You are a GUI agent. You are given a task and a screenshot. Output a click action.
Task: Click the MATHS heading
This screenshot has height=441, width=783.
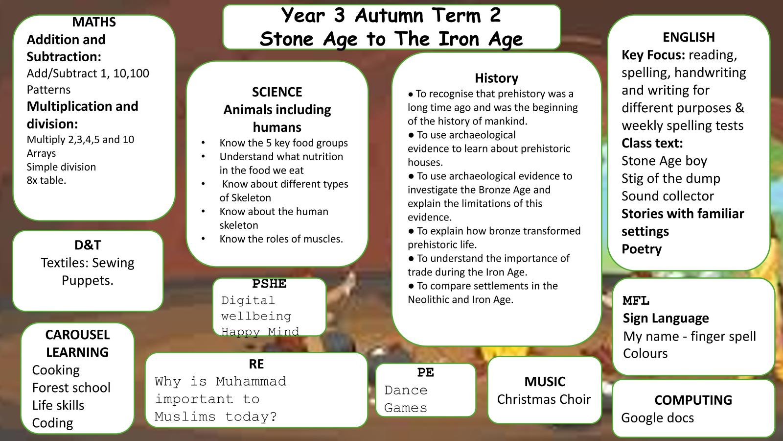pos(93,22)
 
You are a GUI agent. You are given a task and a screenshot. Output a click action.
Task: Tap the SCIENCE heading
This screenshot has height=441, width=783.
pos(277,92)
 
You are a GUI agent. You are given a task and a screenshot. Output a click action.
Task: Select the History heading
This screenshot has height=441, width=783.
pos(496,78)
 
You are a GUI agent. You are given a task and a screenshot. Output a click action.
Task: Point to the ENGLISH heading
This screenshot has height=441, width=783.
pos(689,37)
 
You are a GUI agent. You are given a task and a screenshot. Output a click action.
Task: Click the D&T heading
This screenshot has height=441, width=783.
pos(88,245)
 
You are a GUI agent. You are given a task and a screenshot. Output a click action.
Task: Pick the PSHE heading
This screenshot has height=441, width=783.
pos(269,284)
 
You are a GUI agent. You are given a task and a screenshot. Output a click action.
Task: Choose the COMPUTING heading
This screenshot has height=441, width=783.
pos(693,400)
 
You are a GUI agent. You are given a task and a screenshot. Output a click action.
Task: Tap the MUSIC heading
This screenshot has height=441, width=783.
pos(545,382)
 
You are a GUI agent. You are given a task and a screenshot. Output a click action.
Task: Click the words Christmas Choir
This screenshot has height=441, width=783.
pos(544,399)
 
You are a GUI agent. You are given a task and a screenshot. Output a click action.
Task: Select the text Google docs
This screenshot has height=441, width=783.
pos(658,418)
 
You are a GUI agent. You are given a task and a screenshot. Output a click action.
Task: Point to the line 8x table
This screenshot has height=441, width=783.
pos(46,180)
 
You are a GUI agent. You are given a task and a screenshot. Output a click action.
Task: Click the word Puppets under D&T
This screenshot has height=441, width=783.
pos(88,281)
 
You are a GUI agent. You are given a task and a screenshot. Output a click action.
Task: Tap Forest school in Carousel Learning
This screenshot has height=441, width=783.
pos(71,388)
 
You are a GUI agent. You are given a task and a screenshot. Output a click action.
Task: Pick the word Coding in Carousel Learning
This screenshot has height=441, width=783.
pos(52,423)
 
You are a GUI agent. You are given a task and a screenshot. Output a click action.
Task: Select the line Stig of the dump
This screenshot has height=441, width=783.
pos(671,178)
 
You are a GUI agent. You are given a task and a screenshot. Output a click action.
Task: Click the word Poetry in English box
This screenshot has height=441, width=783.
pos(642,249)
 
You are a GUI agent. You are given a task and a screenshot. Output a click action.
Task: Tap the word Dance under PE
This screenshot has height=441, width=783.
pos(406,390)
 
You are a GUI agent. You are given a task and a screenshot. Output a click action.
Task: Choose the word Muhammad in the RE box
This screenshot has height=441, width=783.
pos(251,381)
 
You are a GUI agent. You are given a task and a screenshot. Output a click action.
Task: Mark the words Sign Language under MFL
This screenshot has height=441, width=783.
pos(666,318)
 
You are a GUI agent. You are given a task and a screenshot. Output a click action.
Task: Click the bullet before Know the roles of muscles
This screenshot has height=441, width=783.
pos(203,239)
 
